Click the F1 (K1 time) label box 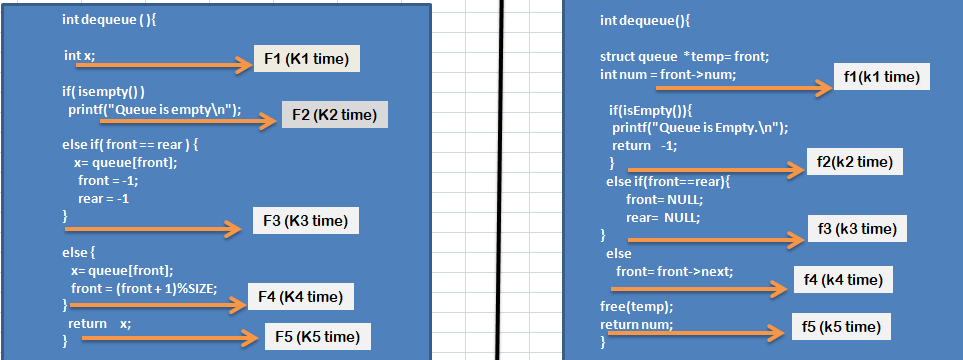306,60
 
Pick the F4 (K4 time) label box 301,297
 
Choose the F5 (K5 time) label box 318,337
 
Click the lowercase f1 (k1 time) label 881,77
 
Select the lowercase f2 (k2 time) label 853,161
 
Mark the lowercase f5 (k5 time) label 841,326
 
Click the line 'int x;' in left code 79,56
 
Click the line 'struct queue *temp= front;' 670,57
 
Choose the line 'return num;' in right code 636,324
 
